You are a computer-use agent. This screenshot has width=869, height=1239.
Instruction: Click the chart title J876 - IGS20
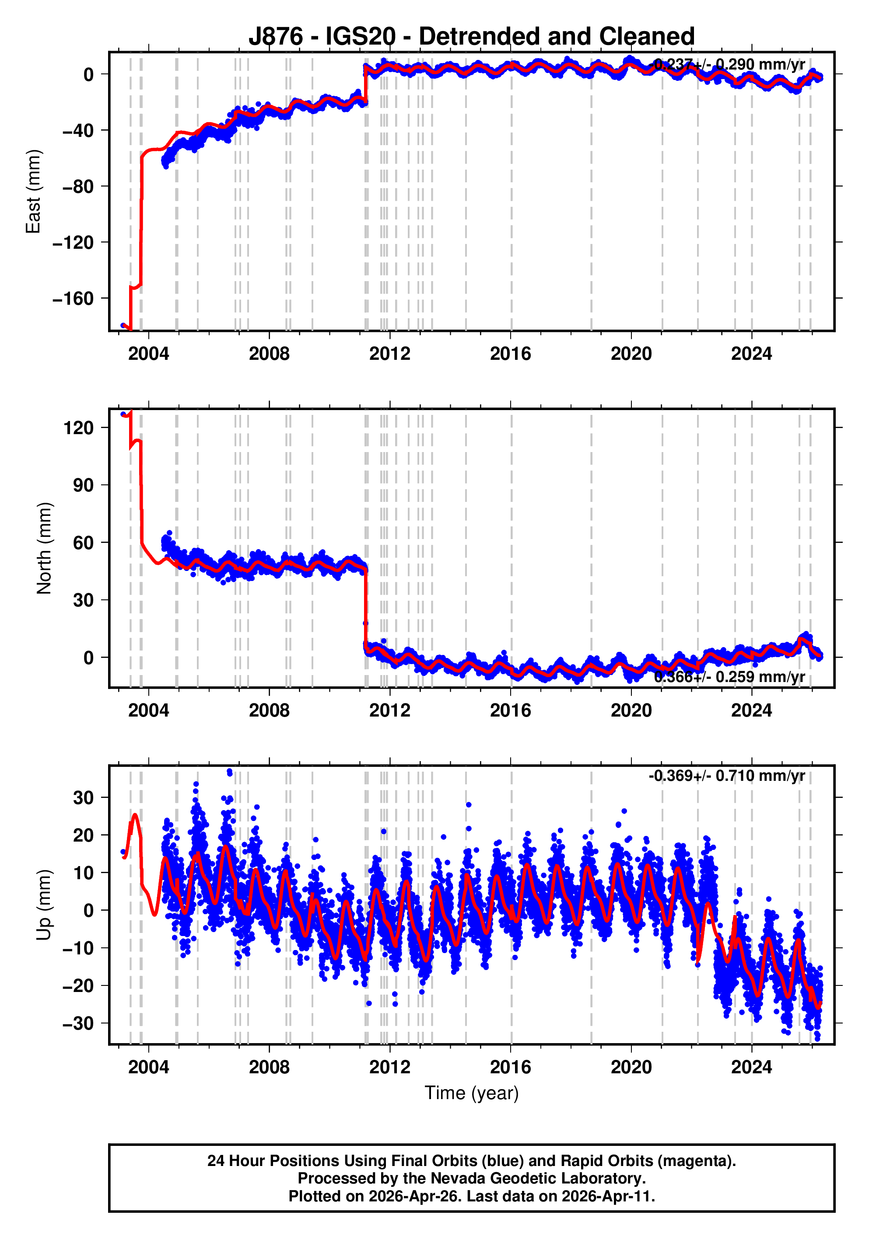pos(471,36)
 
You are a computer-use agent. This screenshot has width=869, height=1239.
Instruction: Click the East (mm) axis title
pos(34,191)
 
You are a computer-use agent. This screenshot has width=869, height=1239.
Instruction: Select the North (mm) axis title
pos(44,548)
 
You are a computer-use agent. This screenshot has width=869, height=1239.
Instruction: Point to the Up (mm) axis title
pos(44,905)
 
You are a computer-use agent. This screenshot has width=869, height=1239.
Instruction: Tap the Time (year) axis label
pos(471,1093)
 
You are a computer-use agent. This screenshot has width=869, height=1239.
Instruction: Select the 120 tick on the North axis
pos(79,428)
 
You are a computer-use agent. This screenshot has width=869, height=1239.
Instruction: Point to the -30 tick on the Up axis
pos(79,1023)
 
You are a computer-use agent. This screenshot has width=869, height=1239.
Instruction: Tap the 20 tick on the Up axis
pos(84,835)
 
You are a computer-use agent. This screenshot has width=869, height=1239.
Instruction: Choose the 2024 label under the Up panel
pos(751,1067)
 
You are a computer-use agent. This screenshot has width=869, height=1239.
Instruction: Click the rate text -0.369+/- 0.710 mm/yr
pos(726,776)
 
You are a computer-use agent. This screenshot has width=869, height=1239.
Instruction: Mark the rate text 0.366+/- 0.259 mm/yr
pos(729,677)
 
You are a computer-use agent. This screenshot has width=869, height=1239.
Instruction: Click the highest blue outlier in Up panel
pos(230,772)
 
